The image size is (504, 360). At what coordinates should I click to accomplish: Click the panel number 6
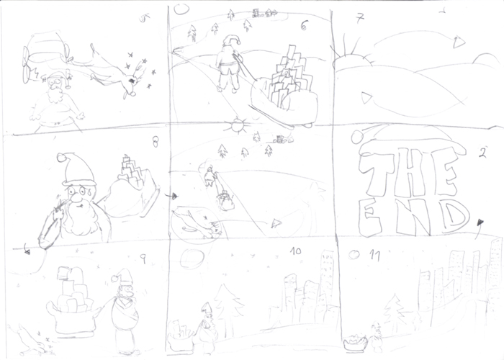point(305,26)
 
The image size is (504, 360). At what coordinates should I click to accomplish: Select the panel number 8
point(154,142)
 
